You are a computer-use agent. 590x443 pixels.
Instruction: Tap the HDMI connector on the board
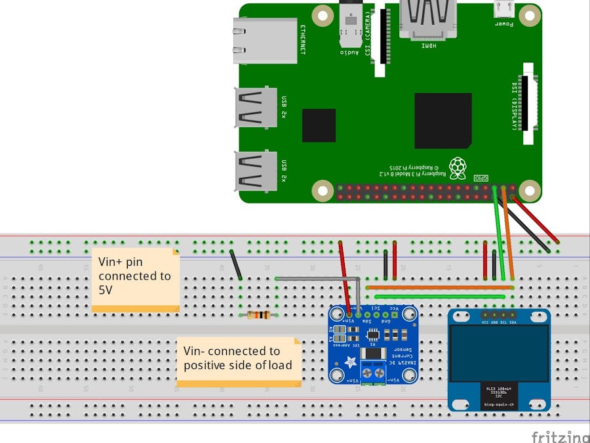[x=427, y=20]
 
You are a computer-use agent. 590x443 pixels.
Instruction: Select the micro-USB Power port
[x=503, y=11]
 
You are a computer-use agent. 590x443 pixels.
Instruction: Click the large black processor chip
[x=442, y=121]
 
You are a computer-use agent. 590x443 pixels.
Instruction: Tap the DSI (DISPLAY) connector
[x=528, y=104]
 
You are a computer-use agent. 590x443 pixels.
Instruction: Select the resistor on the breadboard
[x=259, y=316]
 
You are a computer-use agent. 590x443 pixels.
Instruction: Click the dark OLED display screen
[x=499, y=353]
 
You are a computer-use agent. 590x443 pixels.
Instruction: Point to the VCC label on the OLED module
[x=485, y=322]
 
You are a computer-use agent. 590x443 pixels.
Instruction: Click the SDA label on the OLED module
[x=512, y=322]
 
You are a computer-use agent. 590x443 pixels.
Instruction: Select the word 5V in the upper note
[x=105, y=289]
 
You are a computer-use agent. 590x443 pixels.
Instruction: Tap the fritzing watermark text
[x=559, y=436]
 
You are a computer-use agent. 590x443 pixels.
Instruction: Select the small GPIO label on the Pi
[x=481, y=178]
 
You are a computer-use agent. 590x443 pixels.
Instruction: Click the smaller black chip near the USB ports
[x=319, y=125]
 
